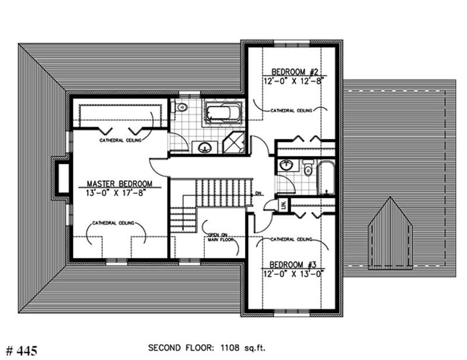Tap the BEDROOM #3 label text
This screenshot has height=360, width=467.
point(292,263)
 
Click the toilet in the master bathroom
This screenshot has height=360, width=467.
point(180,107)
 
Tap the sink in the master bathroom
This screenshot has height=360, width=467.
point(204,146)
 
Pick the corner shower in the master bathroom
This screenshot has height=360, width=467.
point(235,143)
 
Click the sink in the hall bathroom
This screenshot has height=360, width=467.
point(287,165)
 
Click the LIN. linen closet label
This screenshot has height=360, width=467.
point(284,204)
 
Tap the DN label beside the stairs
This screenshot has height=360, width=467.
point(258,193)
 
